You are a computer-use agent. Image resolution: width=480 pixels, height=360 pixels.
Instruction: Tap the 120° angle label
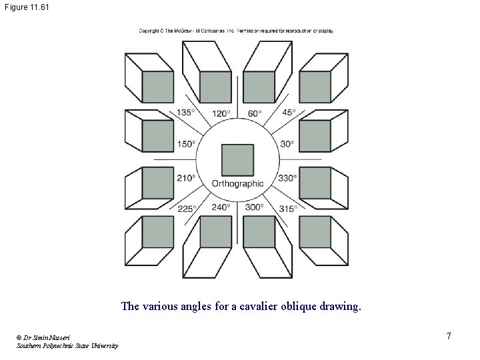(221, 113)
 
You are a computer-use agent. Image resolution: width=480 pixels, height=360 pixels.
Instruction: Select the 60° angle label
(255, 113)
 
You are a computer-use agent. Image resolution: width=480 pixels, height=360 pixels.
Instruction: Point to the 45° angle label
(289, 113)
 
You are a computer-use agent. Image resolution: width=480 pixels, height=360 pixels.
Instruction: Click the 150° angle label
(186, 144)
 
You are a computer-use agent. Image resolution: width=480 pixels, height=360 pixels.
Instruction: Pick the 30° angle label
(287, 144)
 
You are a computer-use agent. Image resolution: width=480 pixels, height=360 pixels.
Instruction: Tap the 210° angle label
(186, 178)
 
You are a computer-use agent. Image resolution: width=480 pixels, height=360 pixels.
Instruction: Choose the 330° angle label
(288, 178)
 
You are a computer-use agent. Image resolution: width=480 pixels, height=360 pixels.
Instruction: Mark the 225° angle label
(187, 209)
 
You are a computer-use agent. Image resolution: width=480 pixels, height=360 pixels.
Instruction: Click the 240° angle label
(221, 207)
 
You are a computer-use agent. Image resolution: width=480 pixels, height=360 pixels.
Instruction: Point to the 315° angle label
(288, 209)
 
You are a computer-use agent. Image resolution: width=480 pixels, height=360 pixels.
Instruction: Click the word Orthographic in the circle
(237, 184)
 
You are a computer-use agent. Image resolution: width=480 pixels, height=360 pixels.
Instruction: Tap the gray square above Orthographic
(237, 159)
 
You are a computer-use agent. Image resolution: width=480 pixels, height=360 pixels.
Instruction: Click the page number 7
(449, 336)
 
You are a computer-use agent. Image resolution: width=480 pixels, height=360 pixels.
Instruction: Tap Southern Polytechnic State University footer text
(67, 345)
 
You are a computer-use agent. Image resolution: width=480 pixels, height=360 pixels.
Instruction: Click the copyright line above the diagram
(236, 31)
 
